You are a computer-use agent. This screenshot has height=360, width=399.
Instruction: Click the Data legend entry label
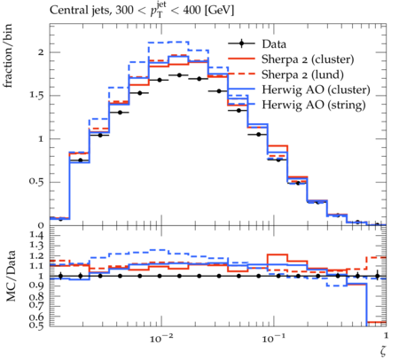tap(274, 44)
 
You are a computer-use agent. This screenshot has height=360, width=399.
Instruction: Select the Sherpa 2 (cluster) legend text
tap(308, 59)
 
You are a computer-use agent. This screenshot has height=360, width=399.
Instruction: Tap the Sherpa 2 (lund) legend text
tap(302, 74)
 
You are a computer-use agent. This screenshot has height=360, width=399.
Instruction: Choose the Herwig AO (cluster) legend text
tap(316, 90)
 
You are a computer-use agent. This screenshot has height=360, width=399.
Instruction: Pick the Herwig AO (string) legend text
tap(314, 105)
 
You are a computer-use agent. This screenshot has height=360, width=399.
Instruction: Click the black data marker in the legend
tap(241, 43)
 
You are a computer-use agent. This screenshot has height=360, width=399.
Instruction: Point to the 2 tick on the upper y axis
tap(41, 52)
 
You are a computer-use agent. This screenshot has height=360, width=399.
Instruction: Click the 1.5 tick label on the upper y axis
tap(36, 96)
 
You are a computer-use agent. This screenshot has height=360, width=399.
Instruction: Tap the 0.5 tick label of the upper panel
tap(36, 181)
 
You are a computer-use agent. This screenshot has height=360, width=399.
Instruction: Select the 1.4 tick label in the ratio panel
tap(36, 235)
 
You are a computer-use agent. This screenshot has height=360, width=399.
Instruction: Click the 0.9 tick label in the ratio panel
tap(36, 286)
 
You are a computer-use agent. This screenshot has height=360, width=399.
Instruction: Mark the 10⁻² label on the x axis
tap(161, 338)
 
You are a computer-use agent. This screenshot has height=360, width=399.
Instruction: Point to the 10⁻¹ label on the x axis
tap(273, 338)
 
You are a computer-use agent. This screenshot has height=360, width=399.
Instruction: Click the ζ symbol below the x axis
tap(383, 351)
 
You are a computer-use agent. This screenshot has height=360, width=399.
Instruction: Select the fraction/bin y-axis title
tap(8, 56)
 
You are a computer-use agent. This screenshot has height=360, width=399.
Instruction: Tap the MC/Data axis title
tap(11, 276)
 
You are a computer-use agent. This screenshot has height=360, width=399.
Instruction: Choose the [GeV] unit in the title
tap(219, 11)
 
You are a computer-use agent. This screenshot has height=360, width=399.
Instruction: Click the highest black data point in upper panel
tap(179, 75)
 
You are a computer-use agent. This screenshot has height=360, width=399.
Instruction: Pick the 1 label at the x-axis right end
tap(386, 336)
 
